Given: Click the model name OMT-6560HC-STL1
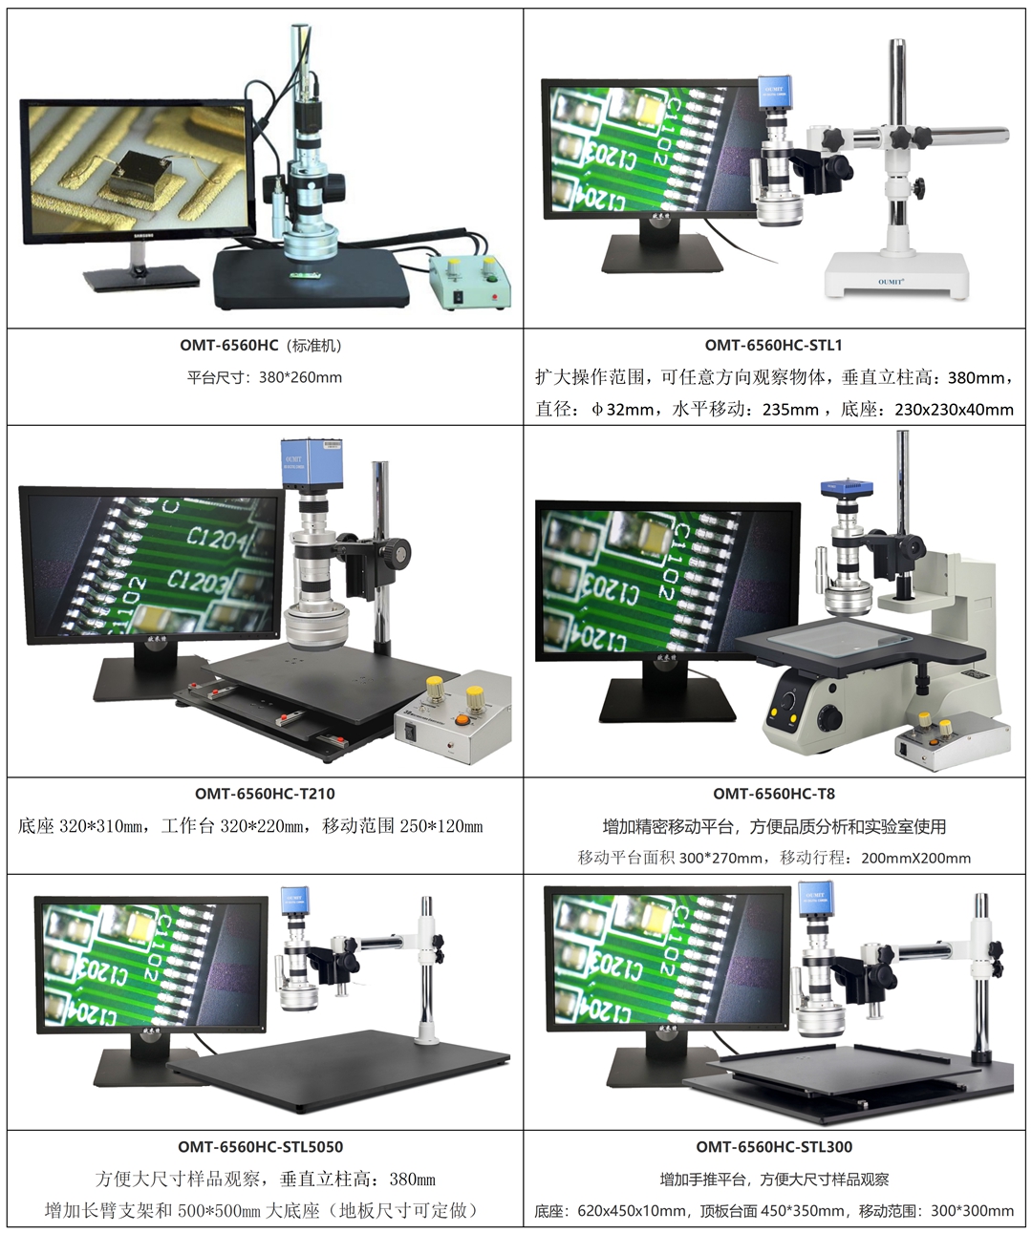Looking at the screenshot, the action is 773,345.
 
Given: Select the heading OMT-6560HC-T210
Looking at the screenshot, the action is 265,793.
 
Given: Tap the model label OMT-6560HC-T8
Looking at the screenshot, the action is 774,793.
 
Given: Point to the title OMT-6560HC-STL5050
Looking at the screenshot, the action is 261,1146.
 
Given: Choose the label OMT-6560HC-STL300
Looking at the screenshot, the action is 774,1146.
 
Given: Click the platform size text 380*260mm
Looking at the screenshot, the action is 300,377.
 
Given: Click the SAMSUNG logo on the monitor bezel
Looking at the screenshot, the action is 142,236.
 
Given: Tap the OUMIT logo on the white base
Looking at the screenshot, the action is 891,282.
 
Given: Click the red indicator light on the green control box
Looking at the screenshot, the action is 493,296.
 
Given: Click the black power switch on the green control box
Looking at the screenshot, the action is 457,299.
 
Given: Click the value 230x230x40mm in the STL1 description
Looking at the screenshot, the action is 954,409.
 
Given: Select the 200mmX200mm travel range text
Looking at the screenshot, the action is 915,858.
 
